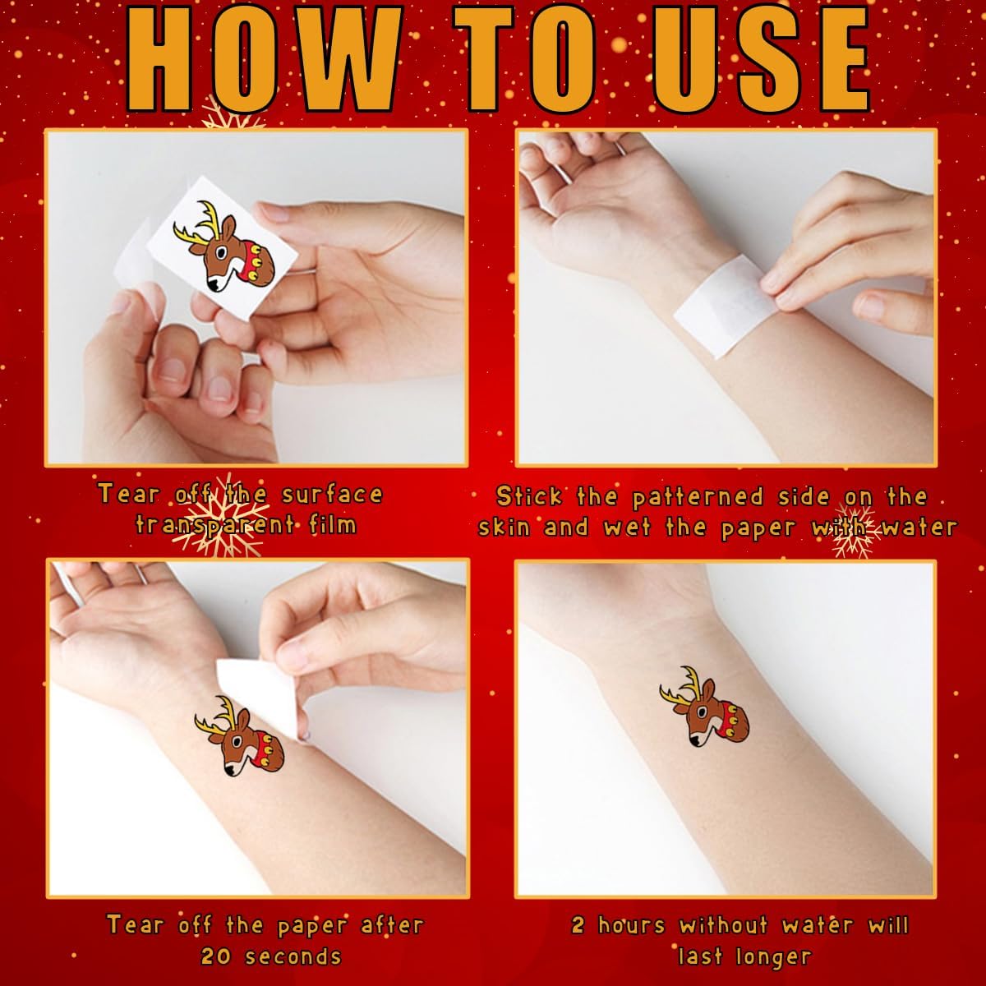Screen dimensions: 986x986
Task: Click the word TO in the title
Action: pyautogui.click(x=526, y=60)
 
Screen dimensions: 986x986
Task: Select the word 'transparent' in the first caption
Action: pyautogui.click(x=215, y=525)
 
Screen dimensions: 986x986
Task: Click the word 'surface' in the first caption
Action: pyautogui.click(x=332, y=494)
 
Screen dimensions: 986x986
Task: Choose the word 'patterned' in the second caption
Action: pyautogui.click(x=698, y=498)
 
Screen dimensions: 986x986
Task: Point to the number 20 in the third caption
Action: pyautogui.click(x=216, y=956)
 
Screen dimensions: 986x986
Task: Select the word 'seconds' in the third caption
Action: pyautogui.click(x=293, y=956)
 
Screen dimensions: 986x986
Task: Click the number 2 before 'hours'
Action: pyautogui.click(x=578, y=925)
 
